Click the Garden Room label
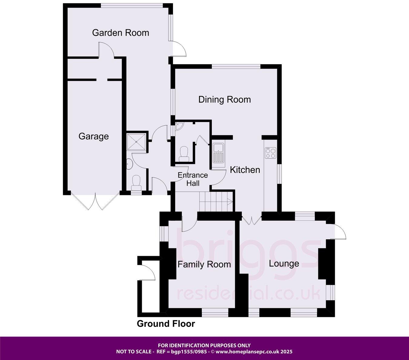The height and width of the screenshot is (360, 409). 121,33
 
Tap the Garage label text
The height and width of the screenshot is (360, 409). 93,136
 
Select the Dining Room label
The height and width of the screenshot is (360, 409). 224,100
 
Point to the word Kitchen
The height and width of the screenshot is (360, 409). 245,170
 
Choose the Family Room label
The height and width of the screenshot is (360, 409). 204,265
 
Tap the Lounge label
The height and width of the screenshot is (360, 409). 284,264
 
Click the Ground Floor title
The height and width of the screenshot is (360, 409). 166,324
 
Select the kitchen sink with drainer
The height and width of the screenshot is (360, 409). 218,153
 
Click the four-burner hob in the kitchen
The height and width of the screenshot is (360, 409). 271,153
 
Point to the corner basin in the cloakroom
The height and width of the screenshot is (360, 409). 178,126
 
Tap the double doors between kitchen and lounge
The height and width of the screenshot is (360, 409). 251,220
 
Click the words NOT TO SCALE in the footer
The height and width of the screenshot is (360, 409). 134,352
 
